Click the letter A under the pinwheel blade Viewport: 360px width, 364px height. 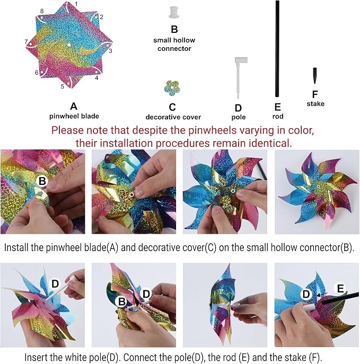tap(74, 106)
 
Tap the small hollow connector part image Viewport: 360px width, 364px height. tap(174, 12)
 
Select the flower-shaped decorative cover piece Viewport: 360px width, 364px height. tap(172, 88)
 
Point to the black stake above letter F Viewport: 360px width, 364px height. tap(315, 75)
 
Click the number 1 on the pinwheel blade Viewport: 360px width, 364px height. tap(76, 4)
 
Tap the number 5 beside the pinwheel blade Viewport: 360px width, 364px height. tap(62, 86)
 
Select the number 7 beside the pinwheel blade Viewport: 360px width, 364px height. tap(27, 42)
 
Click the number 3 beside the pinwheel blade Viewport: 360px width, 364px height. tap(111, 51)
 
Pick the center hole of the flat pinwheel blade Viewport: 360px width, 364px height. tap(69, 45)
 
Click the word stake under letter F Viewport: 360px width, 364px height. tap(315, 103)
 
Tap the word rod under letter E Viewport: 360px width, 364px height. tap(278, 116)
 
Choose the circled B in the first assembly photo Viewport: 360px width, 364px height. tap(42, 181)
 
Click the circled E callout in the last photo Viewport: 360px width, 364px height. tap(340, 289)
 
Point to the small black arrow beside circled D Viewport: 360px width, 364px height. tap(322, 295)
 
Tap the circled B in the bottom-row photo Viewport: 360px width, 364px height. tap(122, 301)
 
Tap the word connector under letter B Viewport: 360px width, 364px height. tap(174, 49)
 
